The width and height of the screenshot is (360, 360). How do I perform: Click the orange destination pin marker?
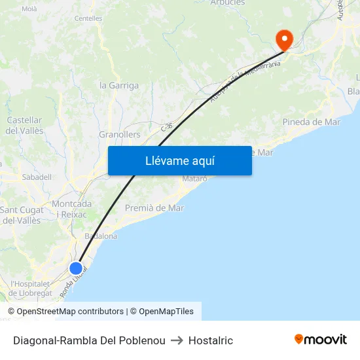[x=284, y=40]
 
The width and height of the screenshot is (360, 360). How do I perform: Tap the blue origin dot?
[x=76, y=268]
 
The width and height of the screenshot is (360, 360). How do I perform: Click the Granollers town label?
[x=119, y=135]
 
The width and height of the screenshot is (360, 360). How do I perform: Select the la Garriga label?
[x=118, y=86]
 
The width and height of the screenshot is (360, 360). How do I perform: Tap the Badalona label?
[x=101, y=236]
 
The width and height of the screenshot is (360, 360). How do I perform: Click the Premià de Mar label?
[x=154, y=208]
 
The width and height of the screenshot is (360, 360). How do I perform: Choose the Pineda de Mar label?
[x=311, y=122]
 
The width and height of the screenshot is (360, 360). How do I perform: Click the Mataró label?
[x=194, y=179]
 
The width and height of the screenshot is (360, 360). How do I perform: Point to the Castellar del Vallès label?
[x=24, y=126]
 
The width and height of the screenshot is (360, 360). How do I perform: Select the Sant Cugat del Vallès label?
[x=20, y=215]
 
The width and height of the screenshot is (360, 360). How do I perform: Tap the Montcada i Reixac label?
[x=71, y=209]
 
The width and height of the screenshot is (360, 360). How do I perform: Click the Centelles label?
[x=88, y=19]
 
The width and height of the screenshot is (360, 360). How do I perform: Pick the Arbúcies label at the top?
[x=227, y=3]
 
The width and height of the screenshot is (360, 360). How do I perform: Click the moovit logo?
[x=321, y=340]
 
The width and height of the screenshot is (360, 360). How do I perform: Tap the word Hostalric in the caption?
[x=210, y=340]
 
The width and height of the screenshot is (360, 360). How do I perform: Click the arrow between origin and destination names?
[x=177, y=340]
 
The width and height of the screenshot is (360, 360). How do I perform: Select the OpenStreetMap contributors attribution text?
[x=70, y=312]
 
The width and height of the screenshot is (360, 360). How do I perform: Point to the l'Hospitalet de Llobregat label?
[x=31, y=289]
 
